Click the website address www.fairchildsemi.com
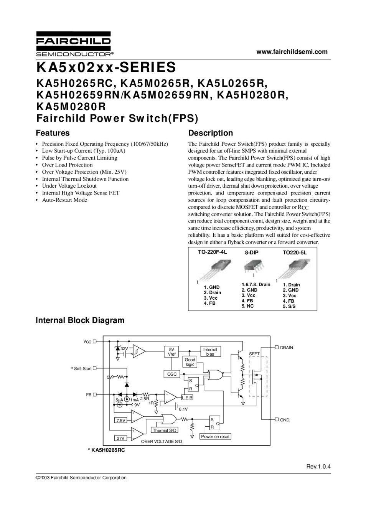[292, 52]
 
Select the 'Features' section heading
[53, 133]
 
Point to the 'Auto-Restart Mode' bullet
[64, 200]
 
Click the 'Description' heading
[211, 133]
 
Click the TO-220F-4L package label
[213, 252]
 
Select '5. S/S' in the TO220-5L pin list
[289, 307]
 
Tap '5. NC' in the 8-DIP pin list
[247, 306]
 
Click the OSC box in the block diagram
[172, 374]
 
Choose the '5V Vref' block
[171, 352]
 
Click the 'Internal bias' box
[210, 352]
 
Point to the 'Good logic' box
[190, 362]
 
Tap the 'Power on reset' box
[215, 437]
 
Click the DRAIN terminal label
[286, 348]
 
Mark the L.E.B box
[187, 398]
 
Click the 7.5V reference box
[121, 421]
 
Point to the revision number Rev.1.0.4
[318, 467]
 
